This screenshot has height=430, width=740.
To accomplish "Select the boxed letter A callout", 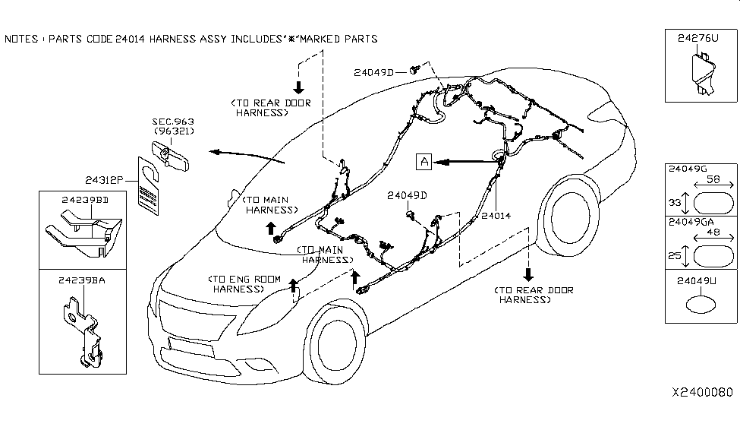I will pos(424,161).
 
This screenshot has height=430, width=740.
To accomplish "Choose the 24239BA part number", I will pos(81,280).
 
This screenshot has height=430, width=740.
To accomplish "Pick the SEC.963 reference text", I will pos(173,121).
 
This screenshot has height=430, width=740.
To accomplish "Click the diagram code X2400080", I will pos(702,392).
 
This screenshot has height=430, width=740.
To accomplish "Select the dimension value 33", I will pos(672,204).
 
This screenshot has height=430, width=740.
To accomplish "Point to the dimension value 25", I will pos(672,255).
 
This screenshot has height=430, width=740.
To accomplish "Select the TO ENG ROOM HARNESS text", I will pos(238,284).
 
